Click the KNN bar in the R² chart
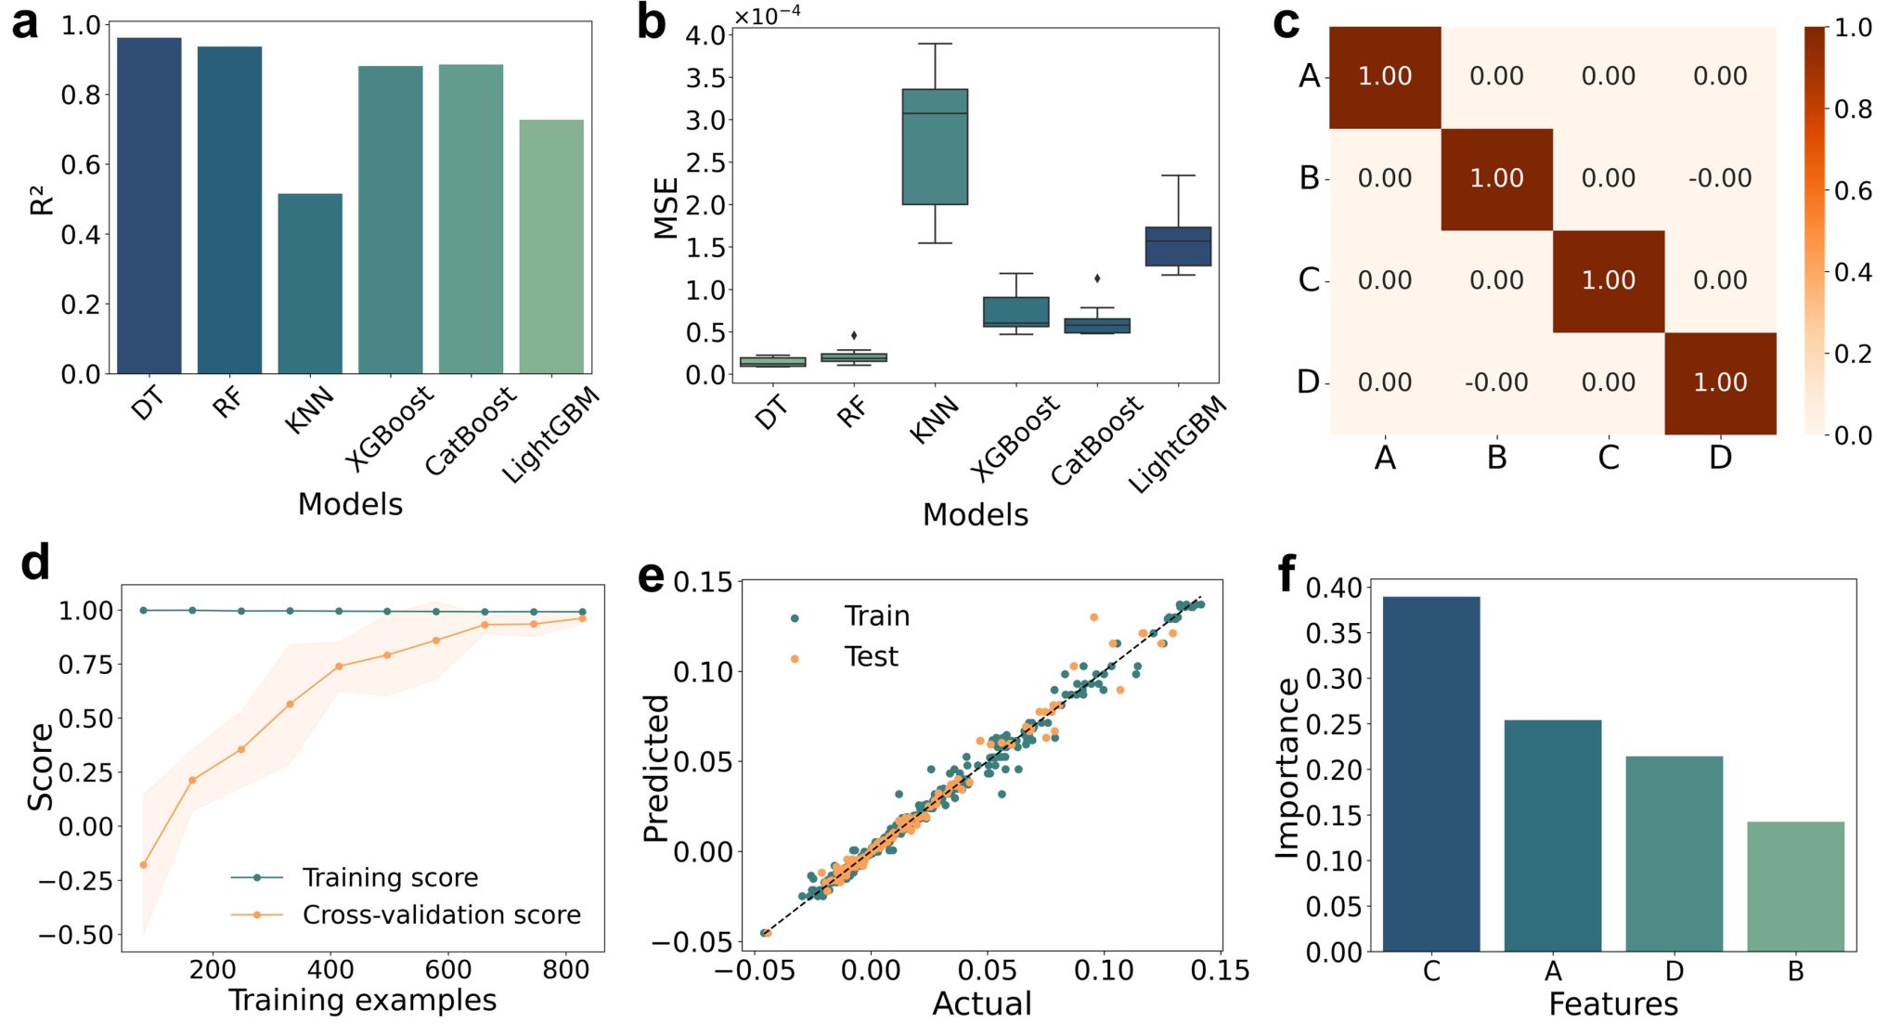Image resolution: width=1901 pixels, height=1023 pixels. [310, 283]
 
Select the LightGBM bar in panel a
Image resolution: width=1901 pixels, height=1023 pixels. [551, 246]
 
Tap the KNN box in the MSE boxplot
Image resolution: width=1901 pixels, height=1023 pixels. [935, 147]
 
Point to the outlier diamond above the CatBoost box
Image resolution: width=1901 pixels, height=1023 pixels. [1097, 278]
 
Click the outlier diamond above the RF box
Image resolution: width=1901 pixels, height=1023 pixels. [854, 335]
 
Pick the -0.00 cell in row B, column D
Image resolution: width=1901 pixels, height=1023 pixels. [1720, 178]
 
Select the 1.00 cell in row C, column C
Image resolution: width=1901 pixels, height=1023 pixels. [1608, 280]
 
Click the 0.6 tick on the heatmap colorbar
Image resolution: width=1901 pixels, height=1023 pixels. [1853, 191]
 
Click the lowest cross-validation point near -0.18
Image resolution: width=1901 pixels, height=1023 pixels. [143, 865]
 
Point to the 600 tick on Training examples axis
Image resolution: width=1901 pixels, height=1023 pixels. [448, 970]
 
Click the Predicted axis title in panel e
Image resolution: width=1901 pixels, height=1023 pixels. [656, 769]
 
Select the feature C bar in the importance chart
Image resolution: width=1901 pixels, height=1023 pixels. [1430, 773]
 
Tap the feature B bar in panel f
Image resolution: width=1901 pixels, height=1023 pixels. [1794, 886]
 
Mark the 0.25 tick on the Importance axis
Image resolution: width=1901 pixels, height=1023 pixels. [1333, 725]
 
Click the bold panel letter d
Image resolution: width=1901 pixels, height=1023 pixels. [35, 563]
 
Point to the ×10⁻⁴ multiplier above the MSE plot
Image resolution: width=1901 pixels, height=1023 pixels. [767, 17]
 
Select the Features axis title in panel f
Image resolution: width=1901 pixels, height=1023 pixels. [1612, 1004]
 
